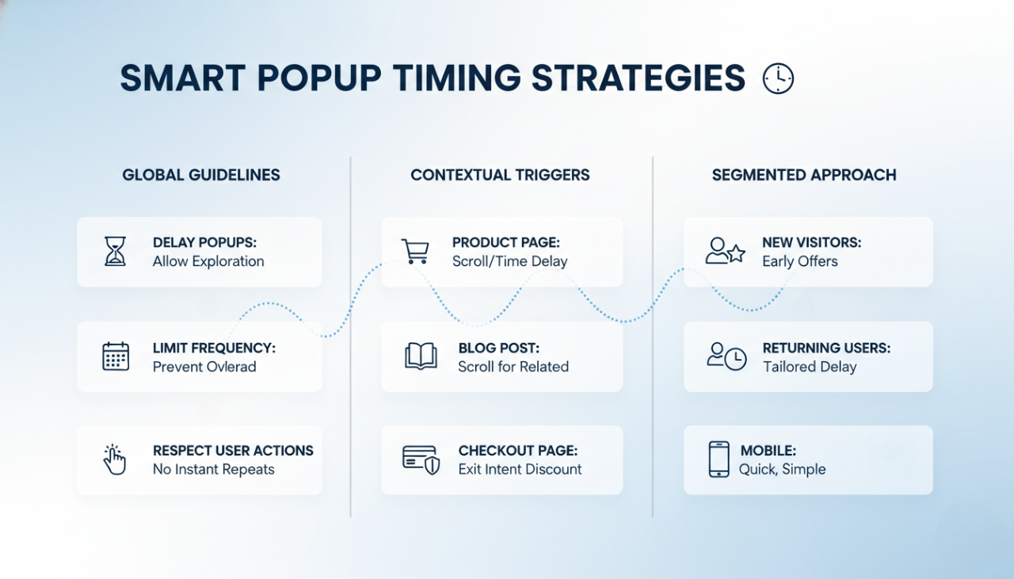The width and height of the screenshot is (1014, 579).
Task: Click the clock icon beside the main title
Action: click(x=777, y=79)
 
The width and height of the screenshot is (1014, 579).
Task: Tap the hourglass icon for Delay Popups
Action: click(x=116, y=251)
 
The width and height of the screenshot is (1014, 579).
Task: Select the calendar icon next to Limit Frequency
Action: click(x=116, y=356)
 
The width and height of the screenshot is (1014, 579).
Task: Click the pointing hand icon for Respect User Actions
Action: click(x=115, y=460)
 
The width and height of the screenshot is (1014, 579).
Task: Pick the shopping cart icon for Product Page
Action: click(x=415, y=251)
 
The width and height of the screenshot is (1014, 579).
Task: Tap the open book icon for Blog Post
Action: click(x=421, y=356)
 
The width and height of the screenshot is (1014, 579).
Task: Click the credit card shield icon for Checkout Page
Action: click(x=421, y=460)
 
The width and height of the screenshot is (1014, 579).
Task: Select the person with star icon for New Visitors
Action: click(x=725, y=251)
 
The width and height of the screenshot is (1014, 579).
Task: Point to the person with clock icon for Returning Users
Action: click(x=726, y=356)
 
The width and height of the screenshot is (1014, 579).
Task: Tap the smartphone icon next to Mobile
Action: click(x=719, y=460)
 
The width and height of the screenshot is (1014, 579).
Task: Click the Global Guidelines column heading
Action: click(x=201, y=175)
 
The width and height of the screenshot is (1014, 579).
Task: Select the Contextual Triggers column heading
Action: click(x=500, y=175)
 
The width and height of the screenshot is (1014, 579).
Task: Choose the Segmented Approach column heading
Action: click(x=804, y=175)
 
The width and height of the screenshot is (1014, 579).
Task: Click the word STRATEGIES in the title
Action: click(x=638, y=79)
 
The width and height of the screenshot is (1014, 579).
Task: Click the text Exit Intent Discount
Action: click(x=520, y=470)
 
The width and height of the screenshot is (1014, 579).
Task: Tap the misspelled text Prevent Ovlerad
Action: click(x=204, y=367)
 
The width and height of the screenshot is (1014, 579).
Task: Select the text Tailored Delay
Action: click(x=810, y=367)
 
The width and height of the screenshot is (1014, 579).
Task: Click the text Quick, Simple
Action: click(x=782, y=470)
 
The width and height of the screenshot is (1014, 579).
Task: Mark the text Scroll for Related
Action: click(x=513, y=367)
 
